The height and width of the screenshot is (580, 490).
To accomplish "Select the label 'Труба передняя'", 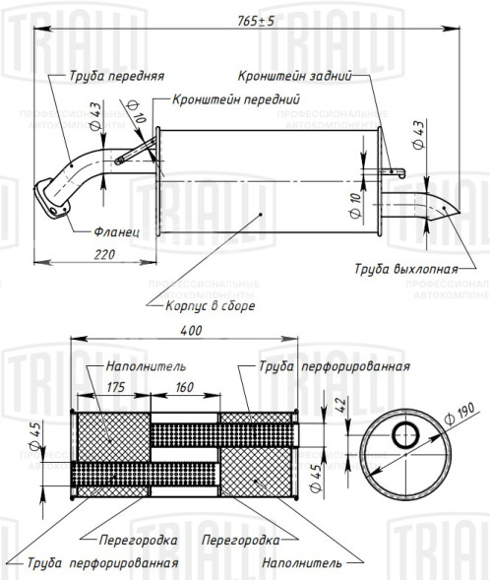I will tap(116, 75).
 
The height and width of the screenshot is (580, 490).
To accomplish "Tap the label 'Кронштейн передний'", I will tap(235, 99).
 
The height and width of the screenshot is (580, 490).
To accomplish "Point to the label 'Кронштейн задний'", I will tap(293, 75).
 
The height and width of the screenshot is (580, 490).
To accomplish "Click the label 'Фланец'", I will tap(117, 232).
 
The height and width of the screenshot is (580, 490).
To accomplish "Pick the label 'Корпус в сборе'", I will tap(211, 306).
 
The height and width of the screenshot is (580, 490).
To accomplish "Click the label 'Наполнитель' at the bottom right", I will tap(302, 564).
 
